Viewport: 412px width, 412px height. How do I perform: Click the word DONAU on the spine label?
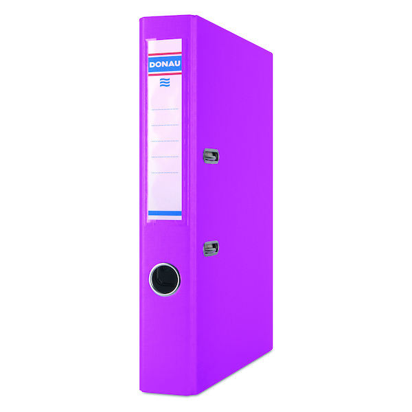tap(165, 64)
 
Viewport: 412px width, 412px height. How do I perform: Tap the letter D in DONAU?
tap(152, 65)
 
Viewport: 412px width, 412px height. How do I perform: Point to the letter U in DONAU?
tap(177, 64)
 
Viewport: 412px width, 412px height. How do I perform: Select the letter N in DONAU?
tap(165, 64)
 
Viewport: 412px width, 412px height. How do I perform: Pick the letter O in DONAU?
tap(159, 65)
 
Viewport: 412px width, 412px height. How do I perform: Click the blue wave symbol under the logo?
tap(165, 82)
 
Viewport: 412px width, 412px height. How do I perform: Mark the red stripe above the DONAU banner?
tap(165, 54)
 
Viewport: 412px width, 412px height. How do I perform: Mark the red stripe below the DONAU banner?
tap(165, 74)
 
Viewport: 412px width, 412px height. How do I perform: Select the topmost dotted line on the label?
tap(165, 109)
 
